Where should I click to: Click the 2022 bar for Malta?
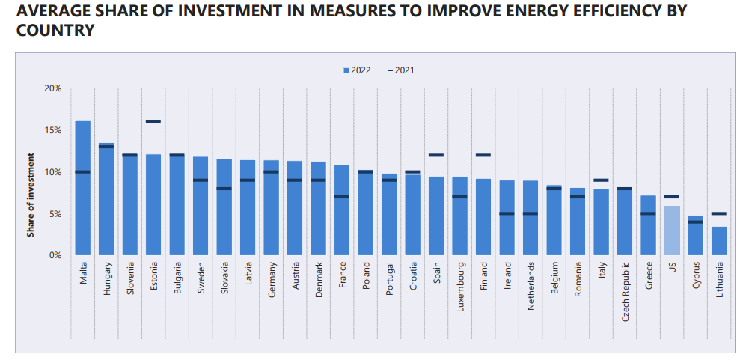click(x=83, y=188)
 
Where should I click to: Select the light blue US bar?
click(x=673, y=231)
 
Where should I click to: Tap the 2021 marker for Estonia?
click(x=153, y=122)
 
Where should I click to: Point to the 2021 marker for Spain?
click(x=436, y=155)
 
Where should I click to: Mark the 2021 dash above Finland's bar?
click(x=483, y=155)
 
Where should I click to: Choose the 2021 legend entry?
click(x=401, y=70)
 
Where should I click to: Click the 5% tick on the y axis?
click(x=56, y=213)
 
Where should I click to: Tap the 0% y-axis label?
click(x=56, y=255)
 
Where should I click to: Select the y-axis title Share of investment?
click(x=31, y=195)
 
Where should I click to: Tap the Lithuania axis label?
click(x=720, y=279)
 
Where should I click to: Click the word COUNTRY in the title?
click(x=55, y=31)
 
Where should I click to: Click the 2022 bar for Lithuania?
click(x=719, y=241)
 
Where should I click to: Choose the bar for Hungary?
click(x=106, y=199)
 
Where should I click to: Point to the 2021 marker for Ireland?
click(x=507, y=213)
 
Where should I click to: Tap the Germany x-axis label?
click(x=272, y=279)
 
